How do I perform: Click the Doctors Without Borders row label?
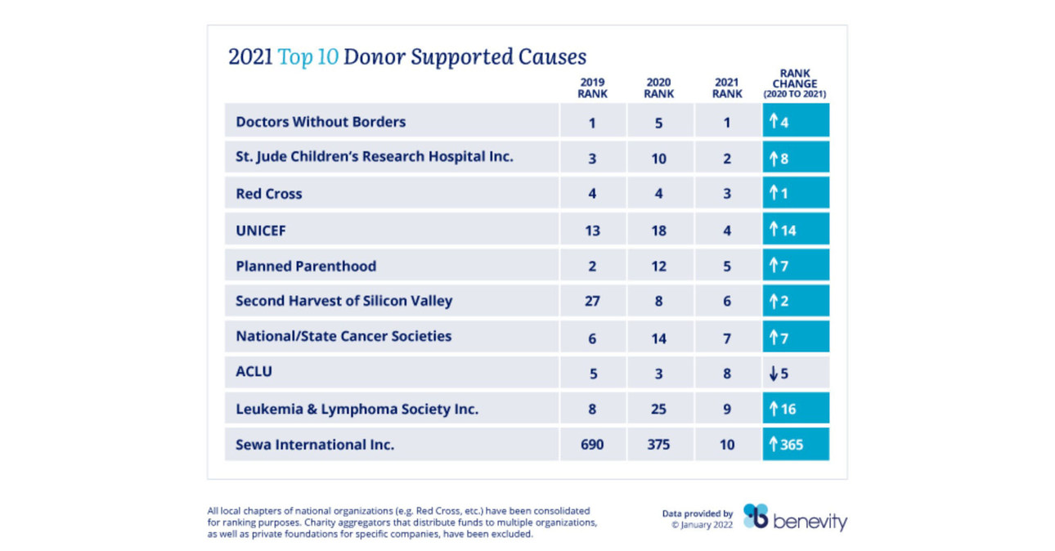pyautogui.click(x=321, y=122)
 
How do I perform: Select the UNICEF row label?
pyautogui.click(x=260, y=231)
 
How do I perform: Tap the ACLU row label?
pyautogui.click(x=254, y=372)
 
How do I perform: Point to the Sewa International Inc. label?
pyautogui.click(x=315, y=445)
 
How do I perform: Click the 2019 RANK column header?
pyautogui.click(x=592, y=87)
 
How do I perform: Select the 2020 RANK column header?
pyautogui.click(x=658, y=87)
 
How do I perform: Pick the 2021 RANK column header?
pyautogui.click(x=727, y=87)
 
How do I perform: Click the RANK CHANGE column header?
pyautogui.click(x=795, y=84)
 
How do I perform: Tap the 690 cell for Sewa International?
pyautogui.click(x=592, y=445)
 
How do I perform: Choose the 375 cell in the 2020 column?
pyautogui.click(x=658, y=445)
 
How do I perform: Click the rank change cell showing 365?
pyautogui.click(x=795, y=445)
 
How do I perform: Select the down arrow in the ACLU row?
pyautogui.click(x=773, y=373)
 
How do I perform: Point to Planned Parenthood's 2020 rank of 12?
pyautogui.click(x=658, y=267)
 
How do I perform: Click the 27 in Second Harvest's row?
pyautogui.click(x=592, y=302)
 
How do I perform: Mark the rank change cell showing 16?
pyautogui.click(x=795, y=409)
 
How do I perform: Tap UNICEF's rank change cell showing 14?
pyautogui.click(x=795, y=231)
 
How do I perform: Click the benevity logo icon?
pyautogui.click(x=755, y=517)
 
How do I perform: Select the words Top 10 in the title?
pyautogui.click(x=308, y=57)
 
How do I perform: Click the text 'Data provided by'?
pyautogui.click(x=698, y=514)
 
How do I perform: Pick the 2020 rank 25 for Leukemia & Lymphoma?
pyautogui.click(x=658, y=409)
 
